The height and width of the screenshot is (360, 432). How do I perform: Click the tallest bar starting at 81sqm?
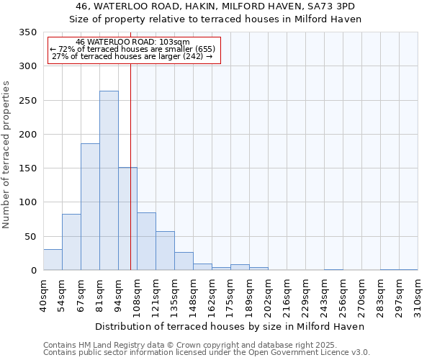(109, 181)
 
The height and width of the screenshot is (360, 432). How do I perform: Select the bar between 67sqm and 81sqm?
(90, 207)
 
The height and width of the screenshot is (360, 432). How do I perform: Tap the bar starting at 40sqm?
(53, 260)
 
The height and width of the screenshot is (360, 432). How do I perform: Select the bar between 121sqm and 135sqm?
(165, 251)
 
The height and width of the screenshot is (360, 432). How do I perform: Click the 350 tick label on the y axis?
(27, 32)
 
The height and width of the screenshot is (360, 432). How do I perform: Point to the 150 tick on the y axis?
(27, 168)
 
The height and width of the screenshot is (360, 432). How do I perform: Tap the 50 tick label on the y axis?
(30, 237)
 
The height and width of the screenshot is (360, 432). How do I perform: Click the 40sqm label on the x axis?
(44, 295)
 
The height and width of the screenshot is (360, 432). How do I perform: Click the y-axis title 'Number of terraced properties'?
(6, 155)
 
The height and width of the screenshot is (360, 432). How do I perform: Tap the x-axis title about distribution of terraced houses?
(230, 326)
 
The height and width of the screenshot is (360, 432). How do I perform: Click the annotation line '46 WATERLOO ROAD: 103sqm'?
(132, 42)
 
